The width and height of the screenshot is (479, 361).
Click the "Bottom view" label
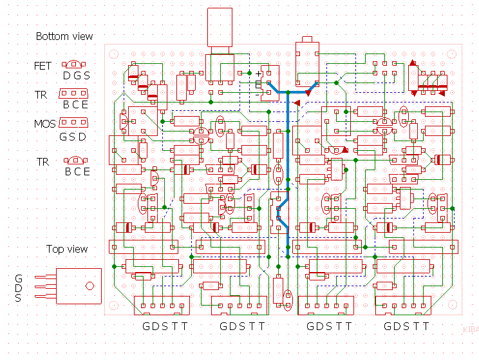(x=64, y=37)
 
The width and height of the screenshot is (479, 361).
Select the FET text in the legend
(x=43, y=66)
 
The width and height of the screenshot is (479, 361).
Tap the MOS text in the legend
(x=44, y=123)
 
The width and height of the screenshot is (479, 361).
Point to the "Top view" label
(x=67, y=249)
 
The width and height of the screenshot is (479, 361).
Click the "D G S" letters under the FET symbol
(x=77, y=76)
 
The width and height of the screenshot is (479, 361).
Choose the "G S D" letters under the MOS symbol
(x=73, y=137)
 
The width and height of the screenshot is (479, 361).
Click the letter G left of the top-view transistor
(x=19, y=278)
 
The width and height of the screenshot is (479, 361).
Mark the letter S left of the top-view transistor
(x=19, y=298)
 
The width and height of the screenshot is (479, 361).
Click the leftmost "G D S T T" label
(x=165, y=326)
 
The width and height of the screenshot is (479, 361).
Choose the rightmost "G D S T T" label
(x=406, y=326)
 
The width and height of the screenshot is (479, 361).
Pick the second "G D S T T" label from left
(x=242, y=326)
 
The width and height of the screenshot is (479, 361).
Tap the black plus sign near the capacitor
(x=259, y=73)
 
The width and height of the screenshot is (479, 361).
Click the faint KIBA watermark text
(x=471, y=328)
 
